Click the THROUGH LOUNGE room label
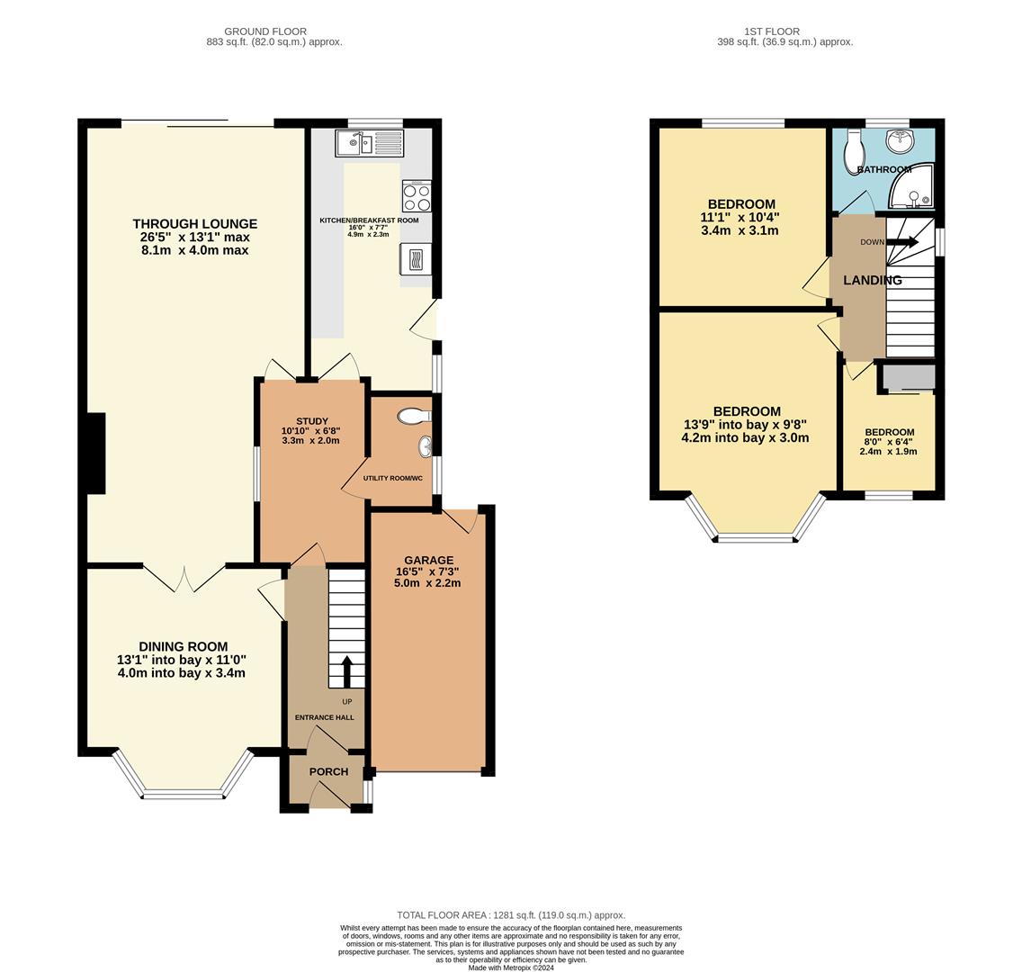click(194, 224)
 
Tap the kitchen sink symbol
click(370, 143)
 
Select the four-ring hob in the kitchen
click(417, 196)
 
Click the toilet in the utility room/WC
click(415, 417)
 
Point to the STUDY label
click(311, 421)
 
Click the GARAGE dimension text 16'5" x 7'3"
click(427, 571)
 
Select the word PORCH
click(328, 771)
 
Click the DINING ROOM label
click(183, 646)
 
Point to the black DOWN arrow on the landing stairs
click(901, 242)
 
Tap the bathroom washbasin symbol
click(899, 141)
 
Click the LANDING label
click(872, 281)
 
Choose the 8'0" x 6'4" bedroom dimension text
click(889, 442)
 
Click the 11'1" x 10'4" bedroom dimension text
click(740, 217)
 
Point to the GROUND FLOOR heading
click(265, 31)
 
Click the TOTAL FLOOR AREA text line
click(510, 915)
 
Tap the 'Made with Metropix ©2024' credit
click(510, 967)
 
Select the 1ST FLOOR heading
click(772, 31)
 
